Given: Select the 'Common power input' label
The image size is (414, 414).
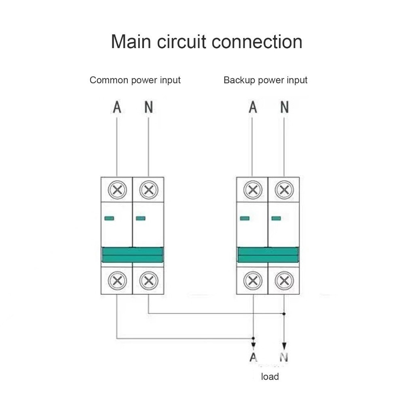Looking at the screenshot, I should pos(135,80).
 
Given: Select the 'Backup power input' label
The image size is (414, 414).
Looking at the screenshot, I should pos(265,80).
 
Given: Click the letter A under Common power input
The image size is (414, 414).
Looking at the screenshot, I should pos(117,107).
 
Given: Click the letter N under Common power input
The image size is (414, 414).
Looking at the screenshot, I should pos(149,107).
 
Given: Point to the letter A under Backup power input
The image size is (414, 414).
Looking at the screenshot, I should pos(253,107).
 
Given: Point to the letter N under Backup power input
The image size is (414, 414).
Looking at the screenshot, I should pos(285,107).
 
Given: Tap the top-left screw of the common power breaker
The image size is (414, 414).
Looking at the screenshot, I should pos(117,190).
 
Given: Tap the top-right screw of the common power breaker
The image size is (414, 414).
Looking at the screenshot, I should pos(148,190).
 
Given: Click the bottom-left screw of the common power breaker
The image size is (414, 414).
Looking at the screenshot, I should pos(117,280).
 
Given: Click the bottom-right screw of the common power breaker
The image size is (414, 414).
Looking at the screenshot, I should pos(148,280).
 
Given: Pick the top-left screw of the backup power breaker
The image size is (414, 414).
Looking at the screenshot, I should pos(253,190).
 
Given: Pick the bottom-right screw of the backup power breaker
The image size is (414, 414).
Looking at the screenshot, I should pos(284,280).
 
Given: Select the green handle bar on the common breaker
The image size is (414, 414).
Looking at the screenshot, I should pos(133,255).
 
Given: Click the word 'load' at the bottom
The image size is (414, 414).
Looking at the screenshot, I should pos(270,377).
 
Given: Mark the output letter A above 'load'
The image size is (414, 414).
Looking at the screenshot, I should pos(253,357).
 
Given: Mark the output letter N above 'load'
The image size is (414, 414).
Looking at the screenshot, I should pos(284,357).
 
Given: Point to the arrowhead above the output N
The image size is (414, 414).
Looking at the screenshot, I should pos(284,346).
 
